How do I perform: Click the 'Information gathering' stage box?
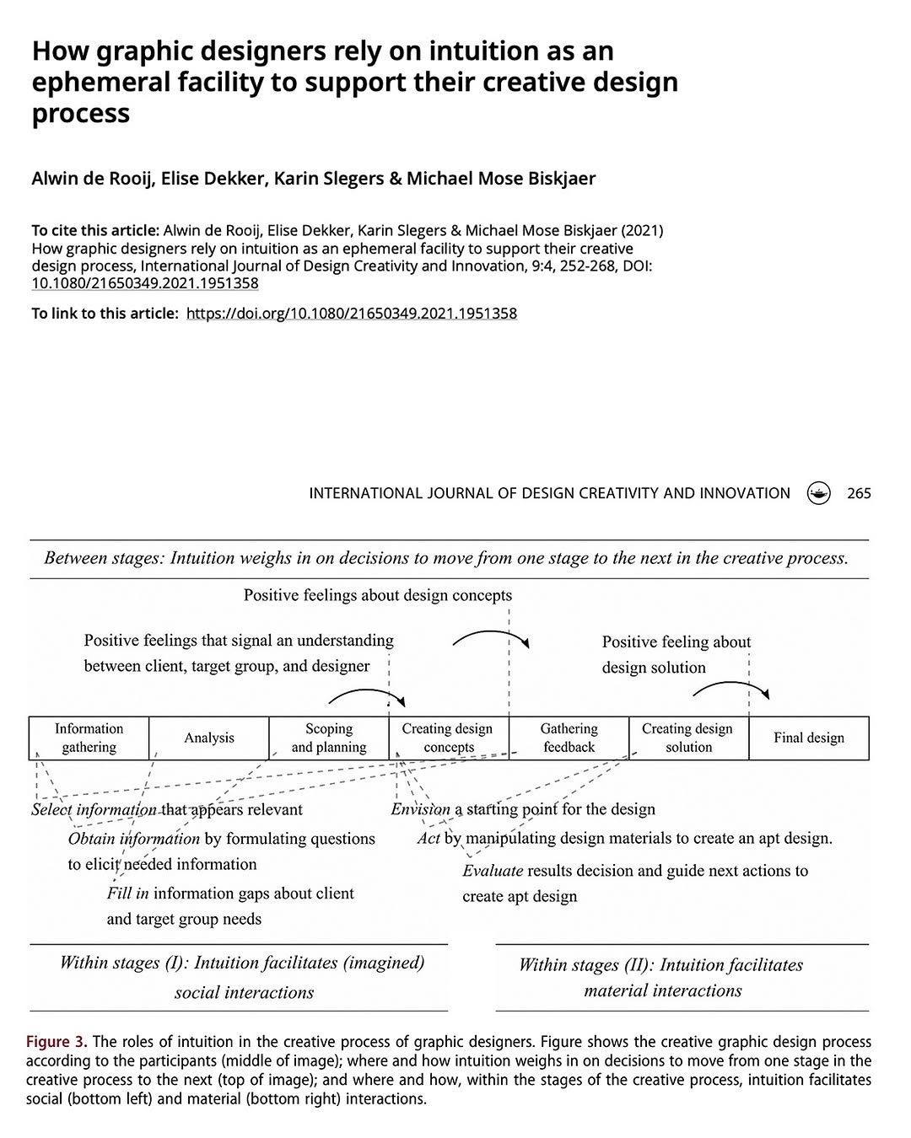click(89, 738)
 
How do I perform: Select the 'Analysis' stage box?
click(209, 738)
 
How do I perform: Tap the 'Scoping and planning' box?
click(329, 738)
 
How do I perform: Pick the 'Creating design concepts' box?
click(448, 738)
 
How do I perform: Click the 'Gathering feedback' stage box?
click(569, 738)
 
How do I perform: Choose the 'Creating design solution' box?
click(688, 738)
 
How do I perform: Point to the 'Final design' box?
click(809, 738)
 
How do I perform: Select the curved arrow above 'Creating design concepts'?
click(490, 634)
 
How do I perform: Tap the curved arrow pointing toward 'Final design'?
click(730, 686)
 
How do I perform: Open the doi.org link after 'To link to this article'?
click(351, 314)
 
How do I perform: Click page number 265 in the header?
click(859, 493)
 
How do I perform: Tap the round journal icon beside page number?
click(818, 493)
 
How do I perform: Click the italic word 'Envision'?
click(420, 809)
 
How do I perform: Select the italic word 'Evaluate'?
click(493, 871)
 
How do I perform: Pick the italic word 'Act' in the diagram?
click(429, 839)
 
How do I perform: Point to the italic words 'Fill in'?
click(127, 894)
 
